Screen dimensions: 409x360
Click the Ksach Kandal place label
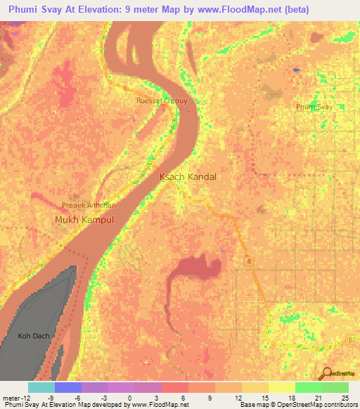point(188,177)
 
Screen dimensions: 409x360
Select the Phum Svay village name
point(314,106)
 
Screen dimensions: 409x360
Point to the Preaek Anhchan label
point(89,206)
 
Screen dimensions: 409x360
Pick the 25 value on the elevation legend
point(345,397)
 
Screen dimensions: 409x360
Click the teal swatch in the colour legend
point(41,387)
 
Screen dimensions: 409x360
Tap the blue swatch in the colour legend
point(67,387)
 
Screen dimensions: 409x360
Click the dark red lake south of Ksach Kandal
point(195,269)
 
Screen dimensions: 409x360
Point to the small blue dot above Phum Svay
point(297,70)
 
